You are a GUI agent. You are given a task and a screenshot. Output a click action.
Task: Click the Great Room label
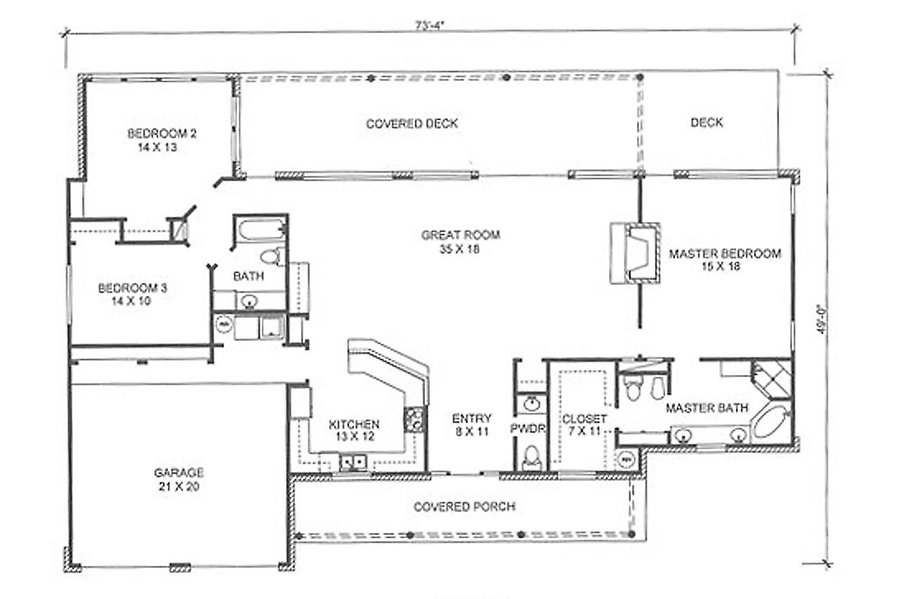tap(460, 235)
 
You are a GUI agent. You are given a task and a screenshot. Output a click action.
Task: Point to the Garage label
tap(178, 473)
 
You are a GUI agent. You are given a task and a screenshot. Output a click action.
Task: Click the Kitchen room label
tap(354, 424)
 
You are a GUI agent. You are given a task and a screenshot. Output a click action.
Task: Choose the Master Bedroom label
tap(724, 254)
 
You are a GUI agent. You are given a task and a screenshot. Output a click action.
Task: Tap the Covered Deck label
tap(412, 124)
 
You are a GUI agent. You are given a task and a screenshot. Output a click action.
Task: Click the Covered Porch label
tap(464, 506)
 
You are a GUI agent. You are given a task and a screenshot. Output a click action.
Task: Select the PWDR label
tap(523, 427)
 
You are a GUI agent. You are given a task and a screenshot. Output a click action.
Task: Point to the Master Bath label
tap(707, 407)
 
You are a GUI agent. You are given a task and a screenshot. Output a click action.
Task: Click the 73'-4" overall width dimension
tap(430, 25)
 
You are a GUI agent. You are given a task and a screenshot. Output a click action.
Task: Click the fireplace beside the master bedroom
tap(636, 254)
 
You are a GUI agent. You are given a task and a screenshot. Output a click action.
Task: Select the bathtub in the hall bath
tap(260, 230)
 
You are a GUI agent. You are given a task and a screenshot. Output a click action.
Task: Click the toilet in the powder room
tap(532, 458)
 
